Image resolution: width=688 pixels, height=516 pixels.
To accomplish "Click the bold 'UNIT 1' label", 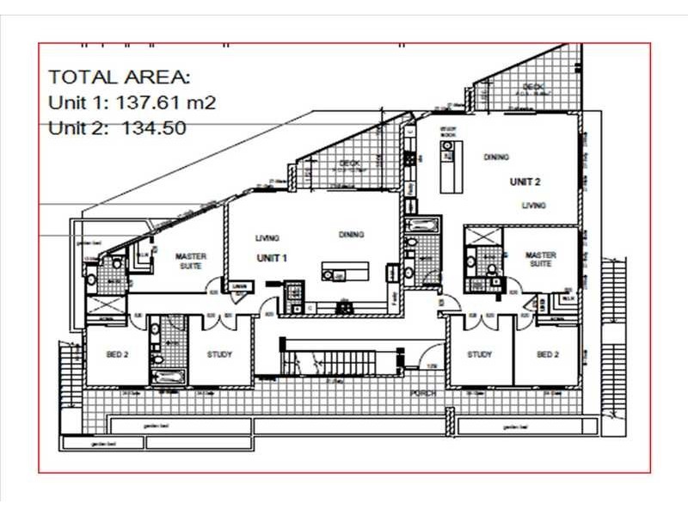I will pyautogui.click(x=271, y=258).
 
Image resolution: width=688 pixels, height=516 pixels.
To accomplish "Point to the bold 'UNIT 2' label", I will pyautogui.click(x=525, y=181).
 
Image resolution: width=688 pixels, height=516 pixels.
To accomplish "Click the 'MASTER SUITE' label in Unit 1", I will pyautogui.click(x=191, y=261).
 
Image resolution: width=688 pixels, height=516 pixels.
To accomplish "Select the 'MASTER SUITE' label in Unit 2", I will pyautogui.click(x=540, y=260).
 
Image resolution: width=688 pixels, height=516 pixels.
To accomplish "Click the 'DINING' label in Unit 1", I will pyautogui.click(x=351, y=234).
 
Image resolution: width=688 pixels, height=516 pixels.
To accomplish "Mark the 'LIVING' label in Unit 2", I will pyautogui.click(x=534, y=206).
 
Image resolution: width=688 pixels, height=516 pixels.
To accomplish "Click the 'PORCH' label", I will pyautogui.click(x=423, y=393).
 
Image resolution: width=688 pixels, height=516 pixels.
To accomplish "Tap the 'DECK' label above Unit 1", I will pyautogui.click(x=347, y=163).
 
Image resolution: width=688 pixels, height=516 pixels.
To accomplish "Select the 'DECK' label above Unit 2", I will pyautogui.click(x=533, y=87).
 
